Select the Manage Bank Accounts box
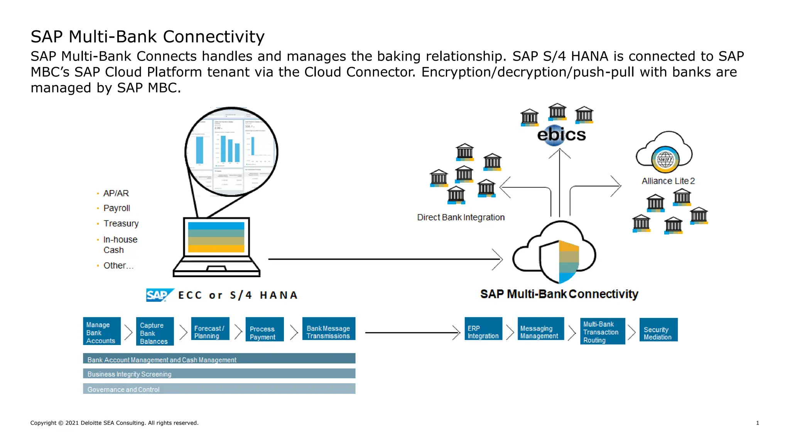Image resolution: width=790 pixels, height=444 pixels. coord(102,331)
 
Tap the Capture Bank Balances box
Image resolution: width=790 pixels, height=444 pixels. coord(155,332)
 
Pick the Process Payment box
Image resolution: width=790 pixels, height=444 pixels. coord(265,330)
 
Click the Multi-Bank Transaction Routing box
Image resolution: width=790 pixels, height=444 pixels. coord(602,331)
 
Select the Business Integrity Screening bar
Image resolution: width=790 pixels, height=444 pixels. coord(219,373)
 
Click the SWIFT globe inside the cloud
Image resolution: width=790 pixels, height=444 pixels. coord(665,159)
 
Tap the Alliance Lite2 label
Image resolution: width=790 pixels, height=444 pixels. coord(668,181)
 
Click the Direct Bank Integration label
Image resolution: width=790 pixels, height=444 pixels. coord(461,217)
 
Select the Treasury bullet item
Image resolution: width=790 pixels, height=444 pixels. coord(121,224)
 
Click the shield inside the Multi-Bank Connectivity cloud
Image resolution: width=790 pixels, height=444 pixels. coord(559,261)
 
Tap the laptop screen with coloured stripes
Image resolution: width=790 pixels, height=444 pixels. coord(216,237)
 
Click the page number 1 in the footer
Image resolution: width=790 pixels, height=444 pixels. coord(758,423)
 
